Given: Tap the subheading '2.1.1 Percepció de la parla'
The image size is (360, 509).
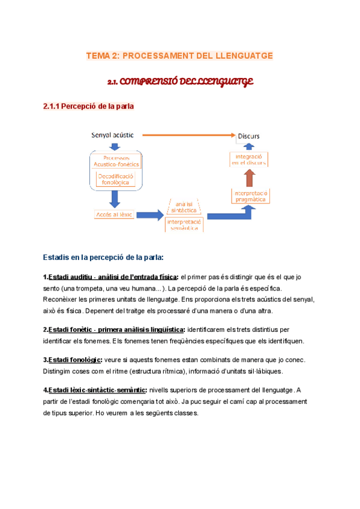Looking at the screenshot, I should click(88, 107).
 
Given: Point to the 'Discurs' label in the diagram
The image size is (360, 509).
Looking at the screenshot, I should click(248, 136).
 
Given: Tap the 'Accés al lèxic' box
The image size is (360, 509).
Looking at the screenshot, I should click(113, 214).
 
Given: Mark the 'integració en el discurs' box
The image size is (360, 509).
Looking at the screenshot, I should click(248, 158).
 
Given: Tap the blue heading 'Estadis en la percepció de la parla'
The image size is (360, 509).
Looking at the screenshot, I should click(103, 257).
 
